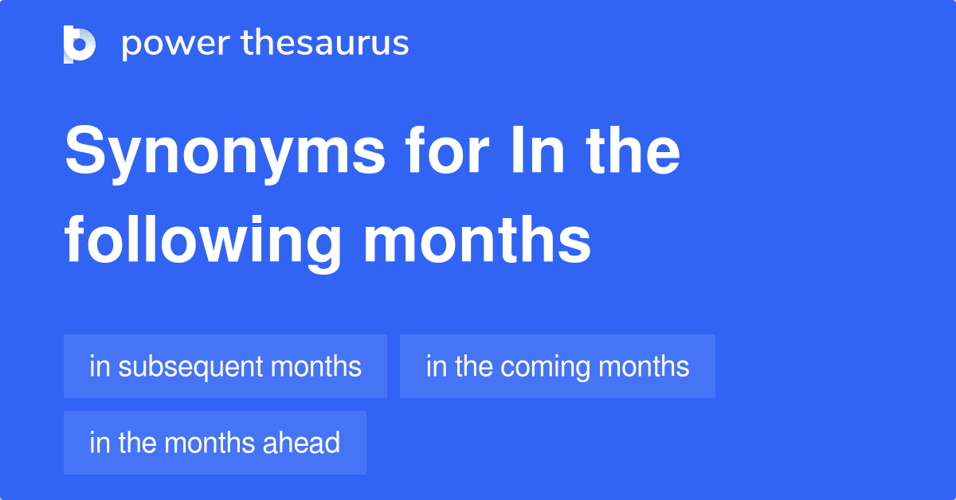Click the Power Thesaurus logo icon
[80, 44]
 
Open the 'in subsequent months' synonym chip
[225, 366]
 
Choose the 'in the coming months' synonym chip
[558, 366]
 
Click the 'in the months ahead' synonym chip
[215, 443]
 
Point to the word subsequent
[189, 367]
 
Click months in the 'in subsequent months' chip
[316, 367]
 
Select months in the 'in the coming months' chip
[644, 367]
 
